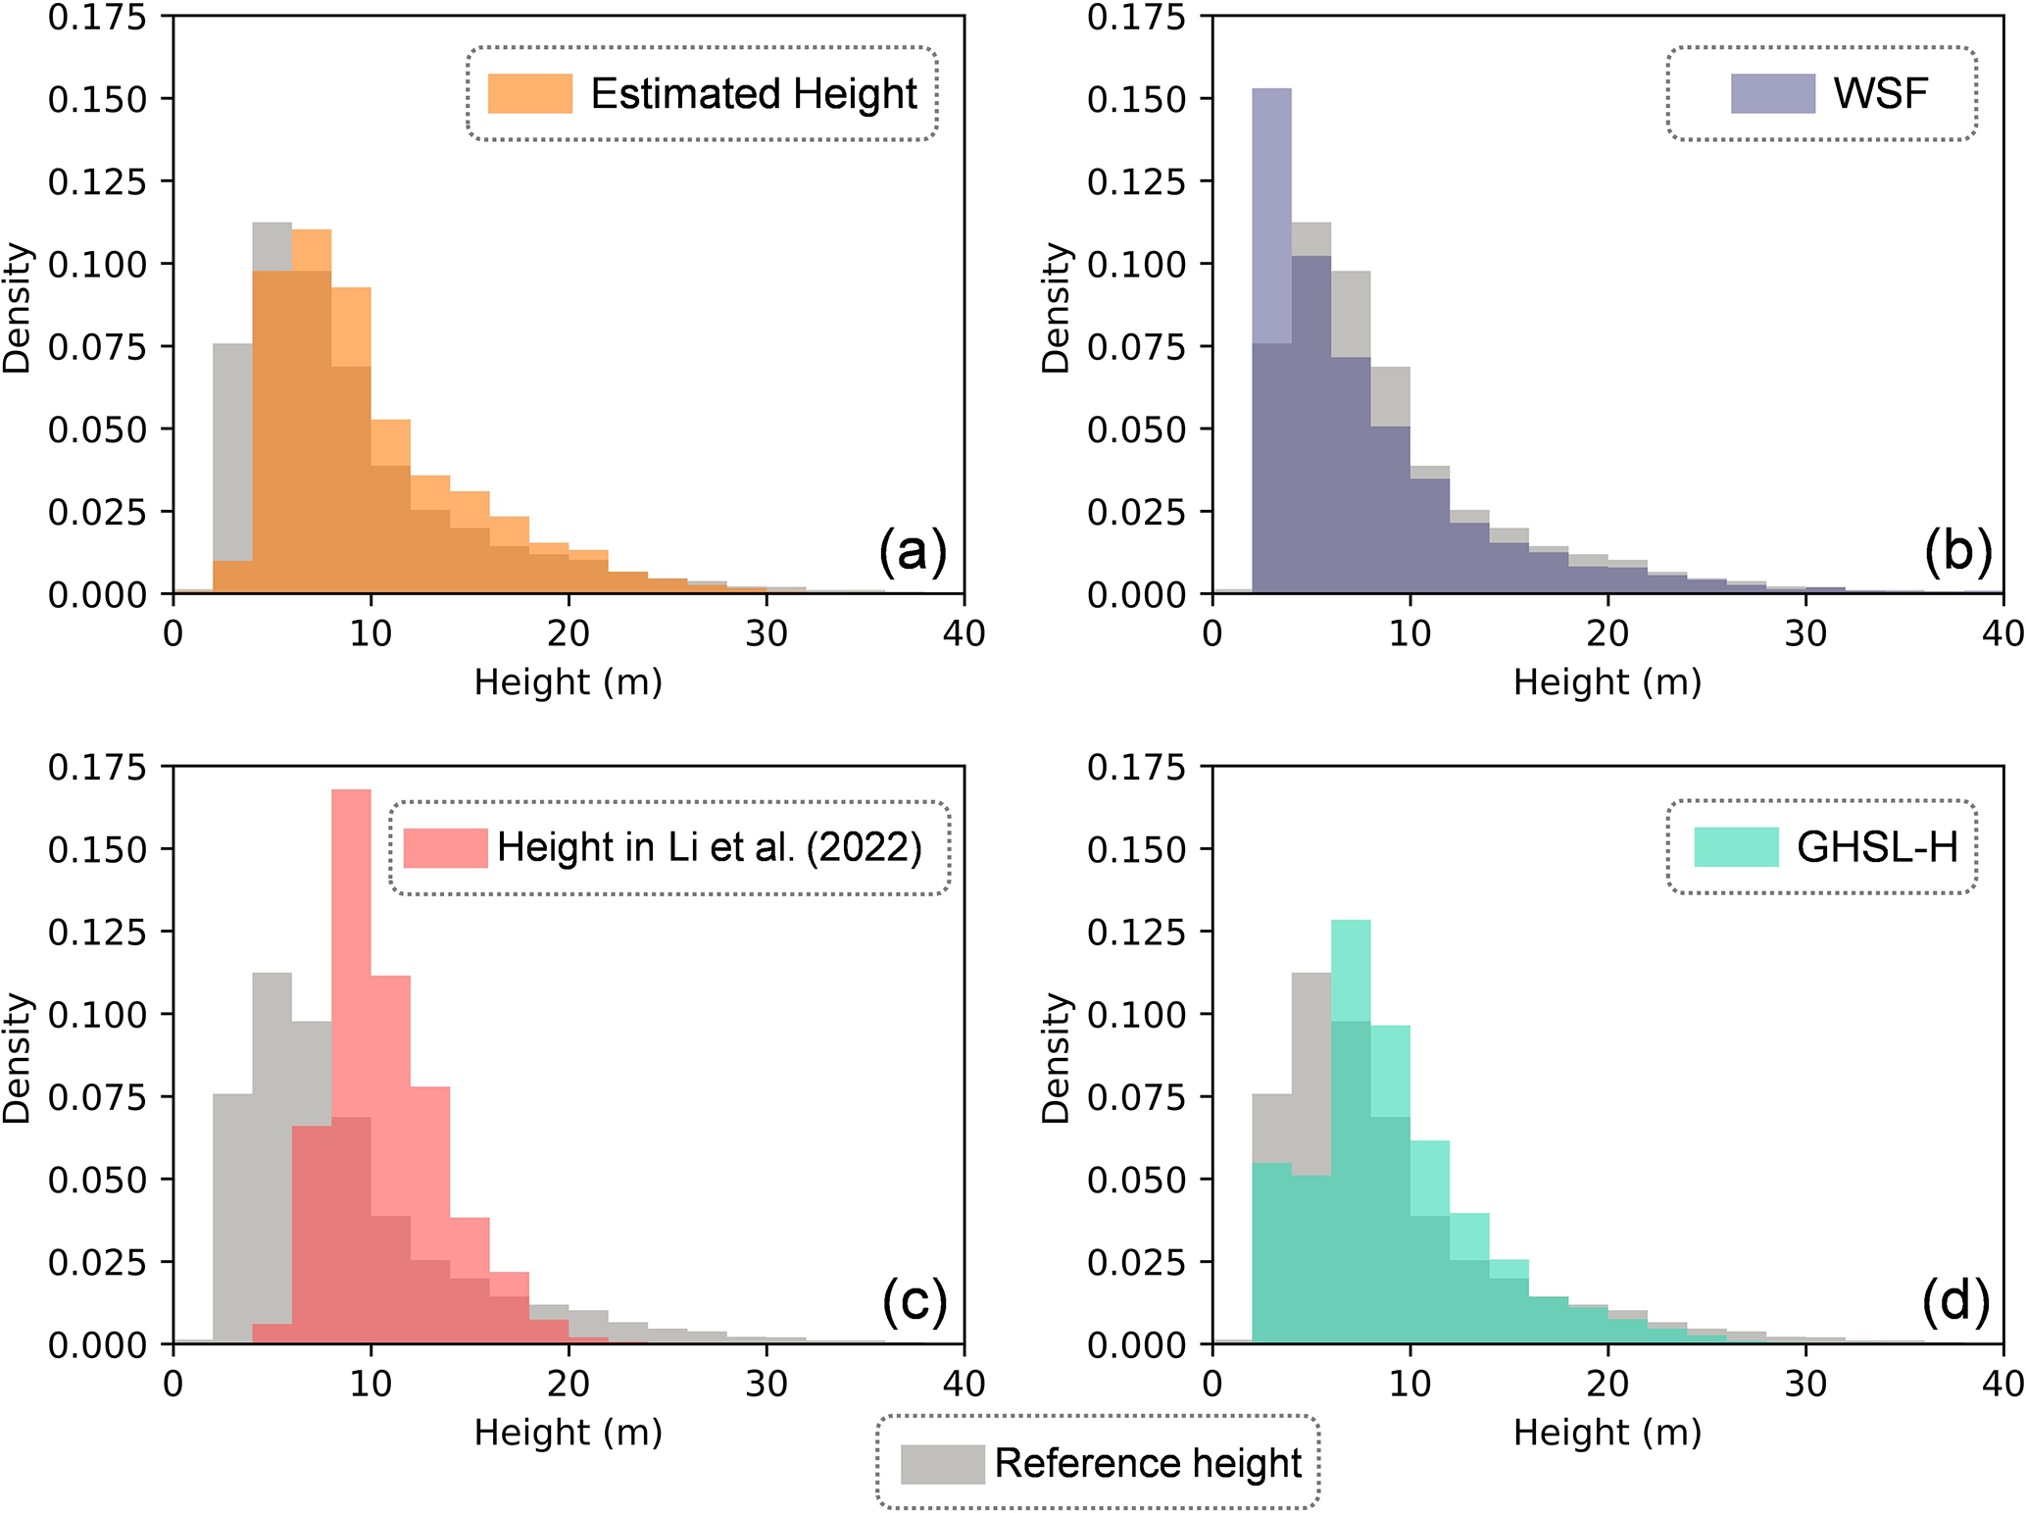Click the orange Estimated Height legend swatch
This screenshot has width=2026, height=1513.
[x=529, y=94]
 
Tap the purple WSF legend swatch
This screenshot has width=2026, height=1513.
[x=1772, y=94]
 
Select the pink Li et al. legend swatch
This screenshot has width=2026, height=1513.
[x=445, y=847]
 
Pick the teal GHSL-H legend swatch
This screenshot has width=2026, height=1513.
[x=1736, y=847]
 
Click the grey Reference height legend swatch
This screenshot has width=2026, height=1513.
[x=942, y=1464]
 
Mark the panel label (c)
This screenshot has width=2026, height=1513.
[x=914, y=1301]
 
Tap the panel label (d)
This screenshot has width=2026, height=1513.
[x=1955, y=1301]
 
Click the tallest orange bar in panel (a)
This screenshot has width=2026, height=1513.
[x=312, y=412]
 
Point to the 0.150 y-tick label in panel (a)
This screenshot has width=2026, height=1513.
[x=97, y=99]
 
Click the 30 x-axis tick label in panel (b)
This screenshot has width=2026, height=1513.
[x=1804, y=634]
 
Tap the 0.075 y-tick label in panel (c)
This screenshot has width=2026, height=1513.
[x=97, y=1097]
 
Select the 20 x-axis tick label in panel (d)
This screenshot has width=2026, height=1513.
[x=1607, y=1384]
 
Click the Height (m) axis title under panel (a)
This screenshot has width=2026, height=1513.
[x=568, y=681]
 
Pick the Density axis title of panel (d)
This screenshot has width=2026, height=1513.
[x=1056, y=1057]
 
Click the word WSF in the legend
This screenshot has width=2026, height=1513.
[x=1880, y=94]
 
